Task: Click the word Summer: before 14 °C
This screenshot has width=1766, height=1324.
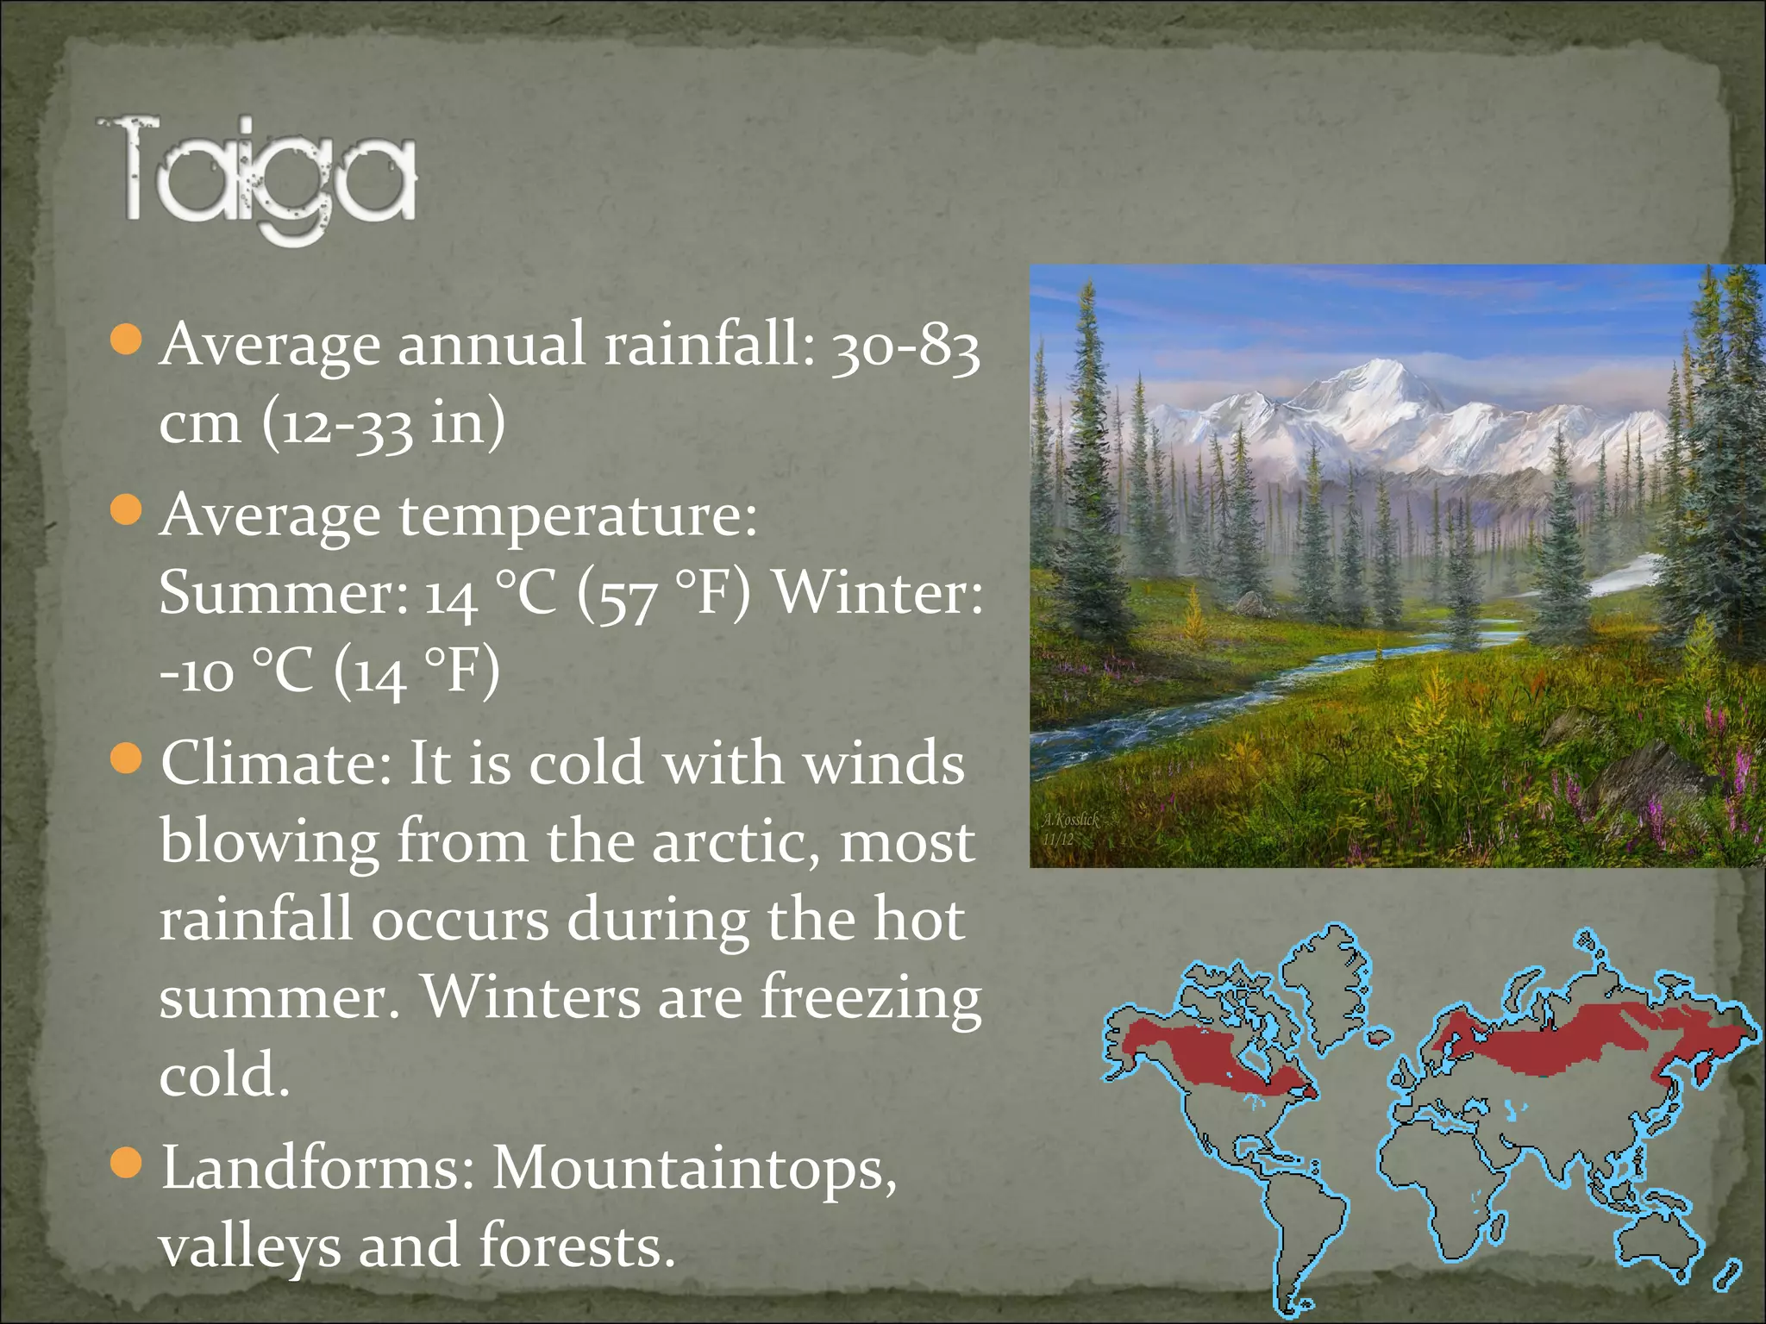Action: click(283, 594)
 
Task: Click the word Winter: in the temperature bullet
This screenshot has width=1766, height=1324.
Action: click(877, 594)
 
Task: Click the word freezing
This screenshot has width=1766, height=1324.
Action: click(871, 998)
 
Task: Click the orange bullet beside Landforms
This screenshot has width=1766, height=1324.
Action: click(126, 1163)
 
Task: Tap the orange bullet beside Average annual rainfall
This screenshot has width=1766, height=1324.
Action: click(126, 340)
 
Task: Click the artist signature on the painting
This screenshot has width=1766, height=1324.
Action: click(1069, 827)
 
